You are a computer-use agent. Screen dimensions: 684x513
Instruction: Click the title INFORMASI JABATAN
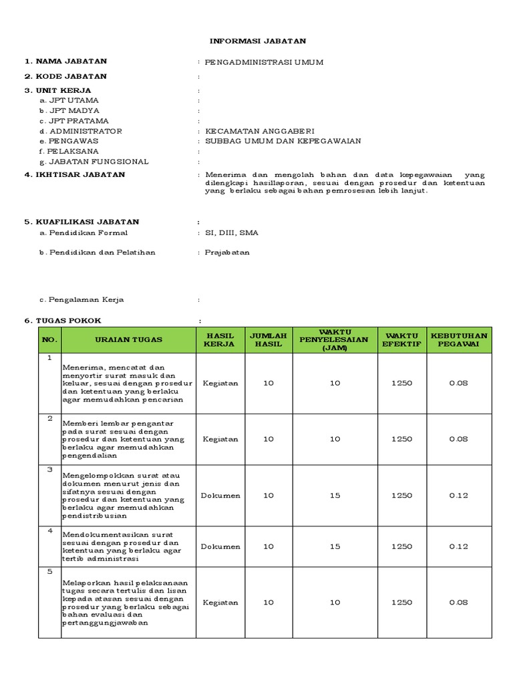tap(257, 41)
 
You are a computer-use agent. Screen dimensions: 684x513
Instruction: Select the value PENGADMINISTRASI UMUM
tap(264, 62)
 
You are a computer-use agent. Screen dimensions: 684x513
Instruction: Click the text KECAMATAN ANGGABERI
tap(259, 131)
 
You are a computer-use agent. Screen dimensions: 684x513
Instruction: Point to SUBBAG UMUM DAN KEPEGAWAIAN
tap(283, 141)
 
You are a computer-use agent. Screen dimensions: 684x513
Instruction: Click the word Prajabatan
tap(227, 252)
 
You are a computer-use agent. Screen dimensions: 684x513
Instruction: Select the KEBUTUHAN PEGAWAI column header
tap(459, 339)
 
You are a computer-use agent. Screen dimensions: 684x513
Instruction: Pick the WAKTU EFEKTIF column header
tap(401, 339)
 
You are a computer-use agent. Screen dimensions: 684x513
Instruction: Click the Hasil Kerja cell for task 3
tap(220, 496)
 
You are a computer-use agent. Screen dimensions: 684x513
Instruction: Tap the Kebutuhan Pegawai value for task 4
tap(459, 546)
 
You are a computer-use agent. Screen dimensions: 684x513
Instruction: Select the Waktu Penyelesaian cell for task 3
tap(335, 496)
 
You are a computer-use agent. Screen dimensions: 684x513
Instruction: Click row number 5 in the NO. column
tap(49, 572)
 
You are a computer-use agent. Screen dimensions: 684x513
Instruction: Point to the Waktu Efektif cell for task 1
tap(401, 383)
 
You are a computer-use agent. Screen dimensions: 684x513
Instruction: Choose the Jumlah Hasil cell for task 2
tap(268, 439)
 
